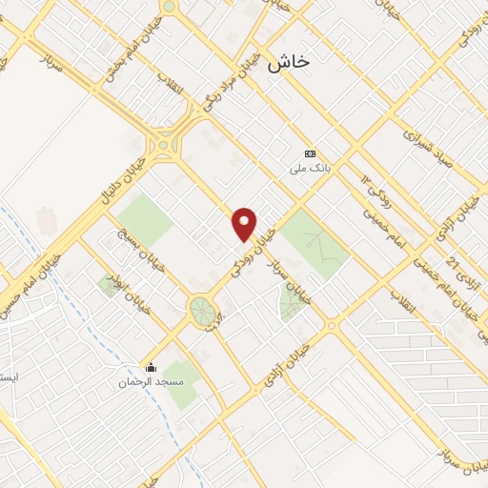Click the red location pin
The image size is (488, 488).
click(245, 224)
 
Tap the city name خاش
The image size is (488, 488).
click(289, 62)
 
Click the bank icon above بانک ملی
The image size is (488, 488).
click(310, 153)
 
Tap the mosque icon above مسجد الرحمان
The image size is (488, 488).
click(150, 367)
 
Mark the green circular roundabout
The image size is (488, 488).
click(201, 310)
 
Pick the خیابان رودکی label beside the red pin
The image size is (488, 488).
click(261, 242)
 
